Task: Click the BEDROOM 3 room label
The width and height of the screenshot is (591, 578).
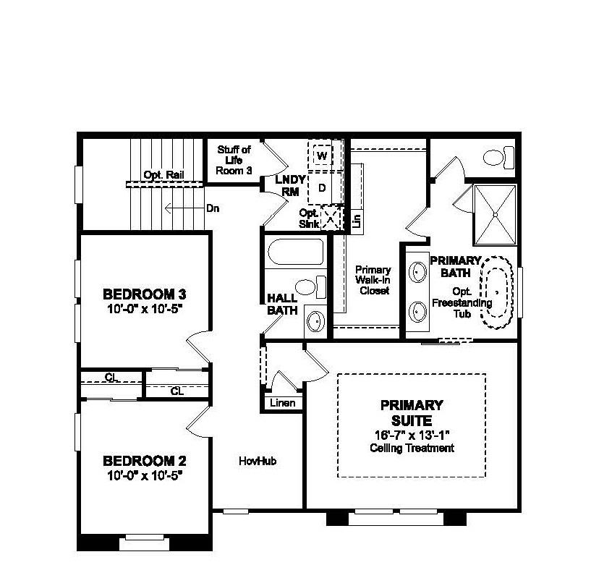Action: coord(145,294)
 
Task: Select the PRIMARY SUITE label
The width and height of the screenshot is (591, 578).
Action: coord(411,412)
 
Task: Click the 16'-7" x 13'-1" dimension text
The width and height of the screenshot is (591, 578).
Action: coord(411,435)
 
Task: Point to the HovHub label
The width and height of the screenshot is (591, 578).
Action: coord(258,461)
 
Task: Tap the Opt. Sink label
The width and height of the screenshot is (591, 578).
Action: coord(310,218)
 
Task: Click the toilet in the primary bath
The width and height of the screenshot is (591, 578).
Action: coord(498,156)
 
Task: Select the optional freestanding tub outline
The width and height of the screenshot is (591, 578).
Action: coord(498,292)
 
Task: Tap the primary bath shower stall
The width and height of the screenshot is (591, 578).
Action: coord(495,214)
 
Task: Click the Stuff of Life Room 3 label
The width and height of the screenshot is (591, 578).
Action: coord(234,160)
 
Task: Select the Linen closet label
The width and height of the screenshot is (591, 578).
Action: coord(282,403)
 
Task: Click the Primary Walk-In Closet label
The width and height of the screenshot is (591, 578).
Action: coord(373,280)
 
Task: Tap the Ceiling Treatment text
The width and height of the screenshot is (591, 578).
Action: coord(411,449)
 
